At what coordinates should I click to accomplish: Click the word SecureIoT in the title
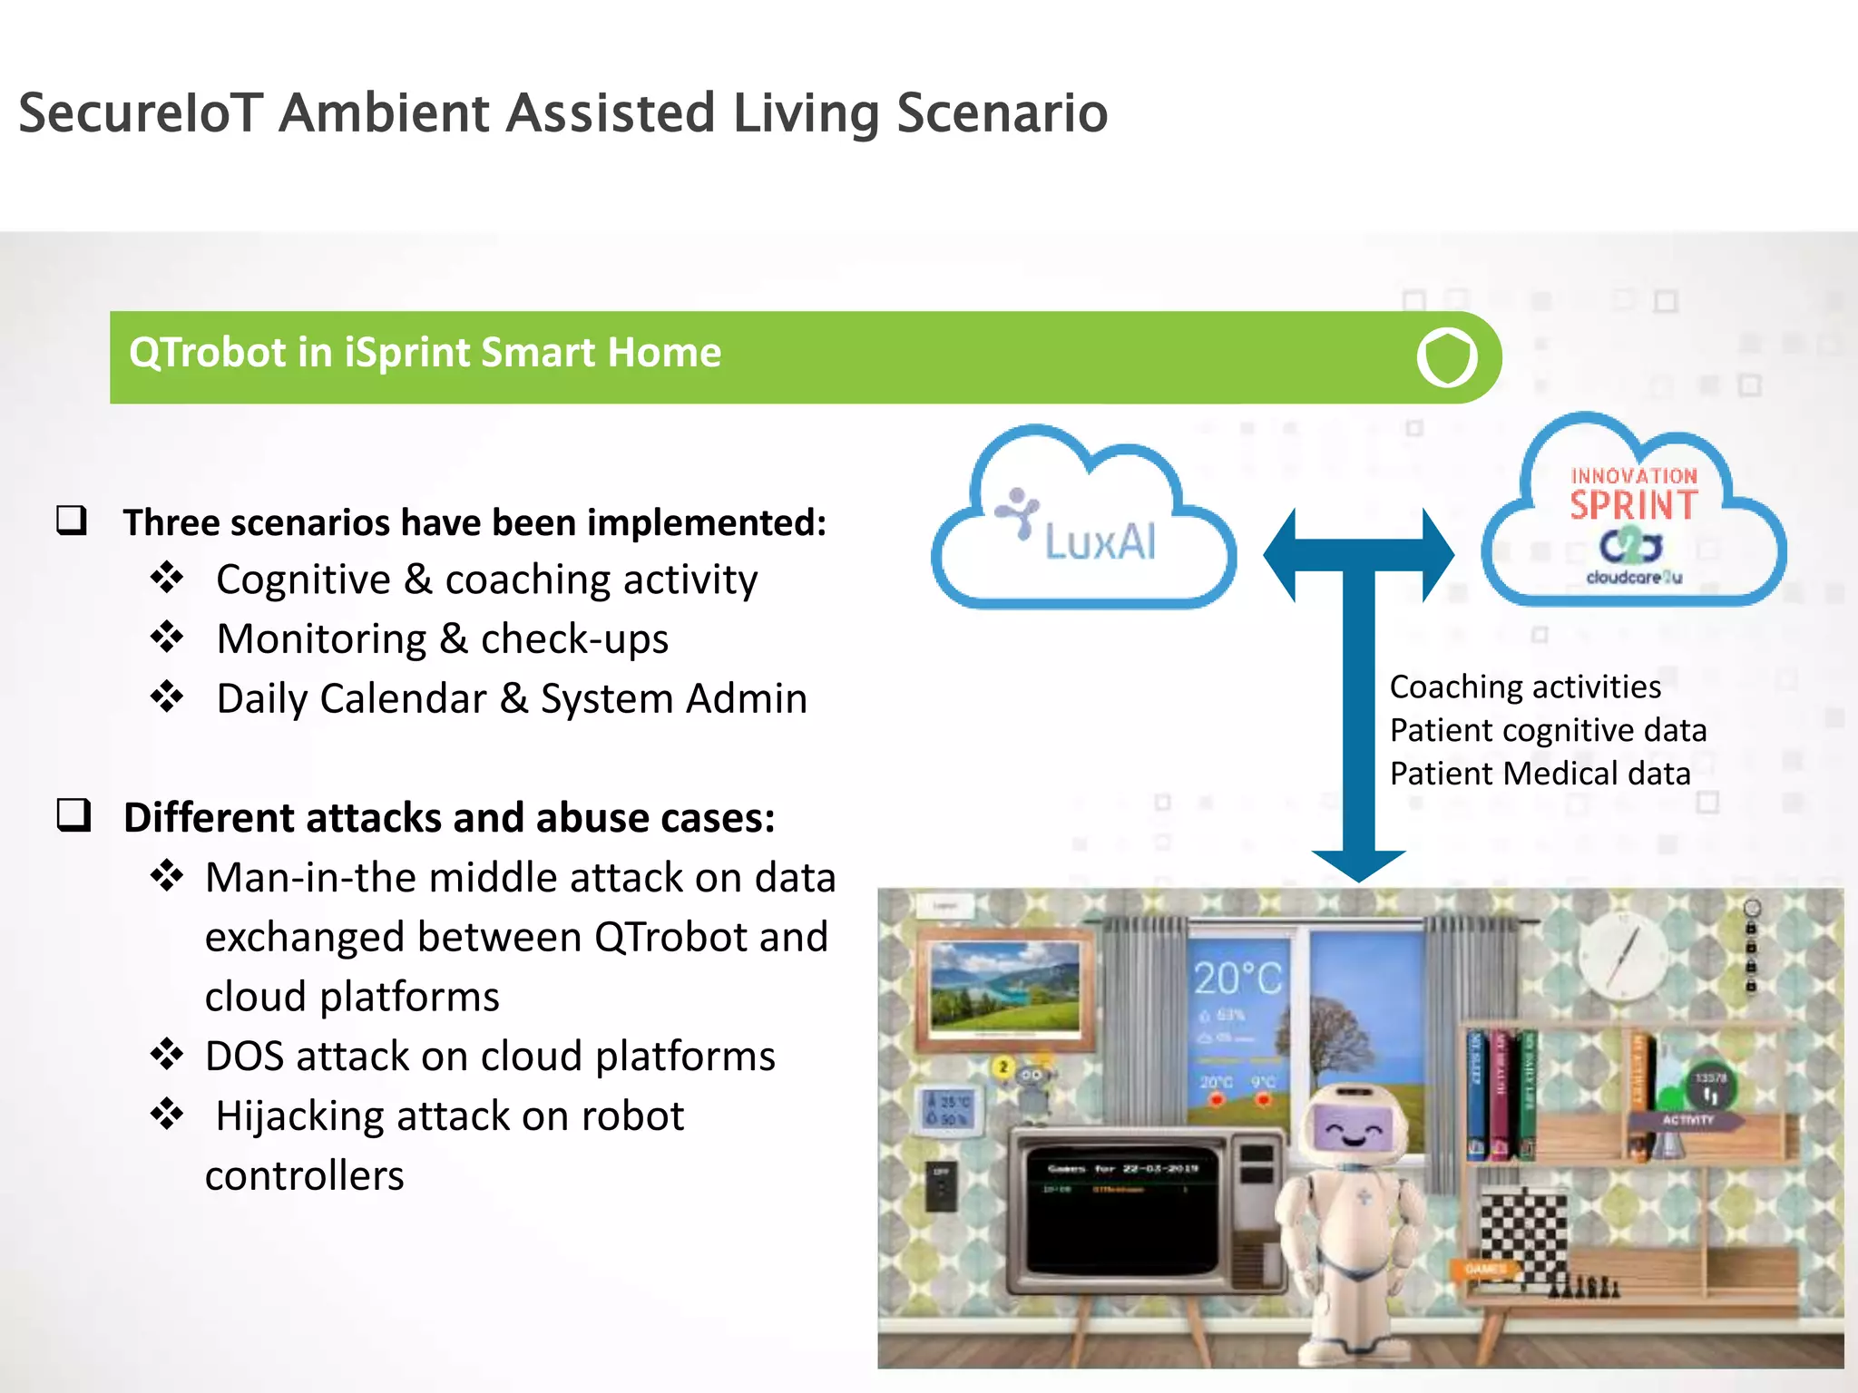click(x=141, y=113)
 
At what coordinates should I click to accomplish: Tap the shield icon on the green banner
click(x=1446, y=357)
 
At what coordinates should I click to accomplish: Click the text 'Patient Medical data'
click(x=1540, y=774)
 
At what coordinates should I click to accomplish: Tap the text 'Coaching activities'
click(x=1524, y=687)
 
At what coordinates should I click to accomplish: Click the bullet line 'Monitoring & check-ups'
click(x=442, y=638)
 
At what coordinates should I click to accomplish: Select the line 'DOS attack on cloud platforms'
click(x=490, y=1056)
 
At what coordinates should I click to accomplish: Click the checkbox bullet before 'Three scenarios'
click(x=72, y=521)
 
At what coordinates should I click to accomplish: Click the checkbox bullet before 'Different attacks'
click(x=73, y=815)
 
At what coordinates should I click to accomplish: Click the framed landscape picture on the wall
click(x=1005, y=989)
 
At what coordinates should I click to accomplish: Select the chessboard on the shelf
click(x=1524, y=1238)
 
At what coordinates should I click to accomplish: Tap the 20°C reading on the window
click(x=1237, y=979)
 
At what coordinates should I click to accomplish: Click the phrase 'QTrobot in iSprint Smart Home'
click(x=425, y=353)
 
